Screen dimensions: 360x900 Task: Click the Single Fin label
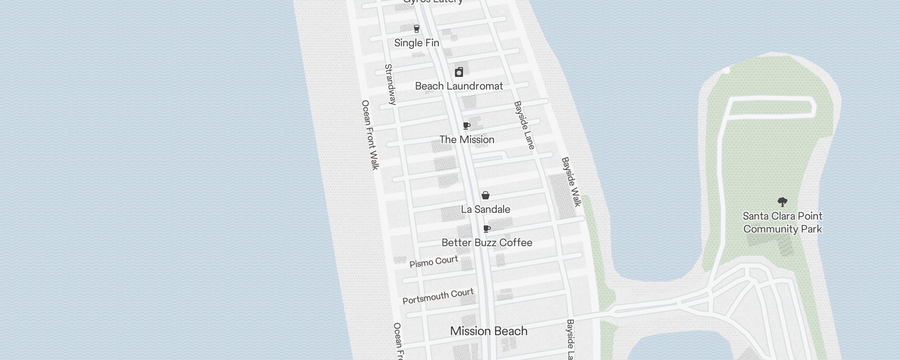pyautogui.click(x=417, y=43)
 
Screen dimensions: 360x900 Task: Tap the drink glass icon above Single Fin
pyautogui.click(x=417, y=29)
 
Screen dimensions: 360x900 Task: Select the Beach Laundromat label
pyautogui.click(x=459, y=86)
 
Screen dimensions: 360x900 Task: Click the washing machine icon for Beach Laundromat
pyautogui.click(x=459, y=72)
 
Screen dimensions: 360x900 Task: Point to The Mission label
pyautogui.click(x=467, y=139)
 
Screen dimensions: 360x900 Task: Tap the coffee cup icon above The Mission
pyautogui.click(x=467, y=126)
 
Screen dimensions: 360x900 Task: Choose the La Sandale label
pyautogui.click(x=486, y=209)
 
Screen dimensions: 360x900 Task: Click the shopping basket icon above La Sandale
pyautogui.click(x=486, y=195)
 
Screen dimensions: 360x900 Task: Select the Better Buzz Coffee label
pyautogui.click(x=487, y=243)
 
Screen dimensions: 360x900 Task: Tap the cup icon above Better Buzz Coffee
pyautogui.click(x=486, y=229)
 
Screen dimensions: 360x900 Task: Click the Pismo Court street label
pyautogui.click(x=434, y=261)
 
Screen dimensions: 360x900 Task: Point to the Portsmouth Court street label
pyautogui.click(x=438, y=296)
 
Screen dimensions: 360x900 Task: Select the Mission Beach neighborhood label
pyautogui.click(x=489, y=331)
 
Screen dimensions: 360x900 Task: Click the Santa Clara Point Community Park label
pyautogui.click(x=783, y=223)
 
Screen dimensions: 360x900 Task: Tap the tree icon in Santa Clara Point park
pyautogui.click(x=783, y=202)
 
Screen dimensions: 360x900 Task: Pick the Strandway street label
pyautogui.click(x=391, y=85)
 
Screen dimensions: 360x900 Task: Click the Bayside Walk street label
pyautogui.click(x=571, y=182)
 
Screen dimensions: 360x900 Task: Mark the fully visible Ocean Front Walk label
pyautogui.click(x=370, y=135)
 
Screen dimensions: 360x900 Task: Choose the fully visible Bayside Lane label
pyautogui.click(x=524, y=126)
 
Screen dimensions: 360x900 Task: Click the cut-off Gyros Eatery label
pyautogui.click(x=433, y=2)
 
